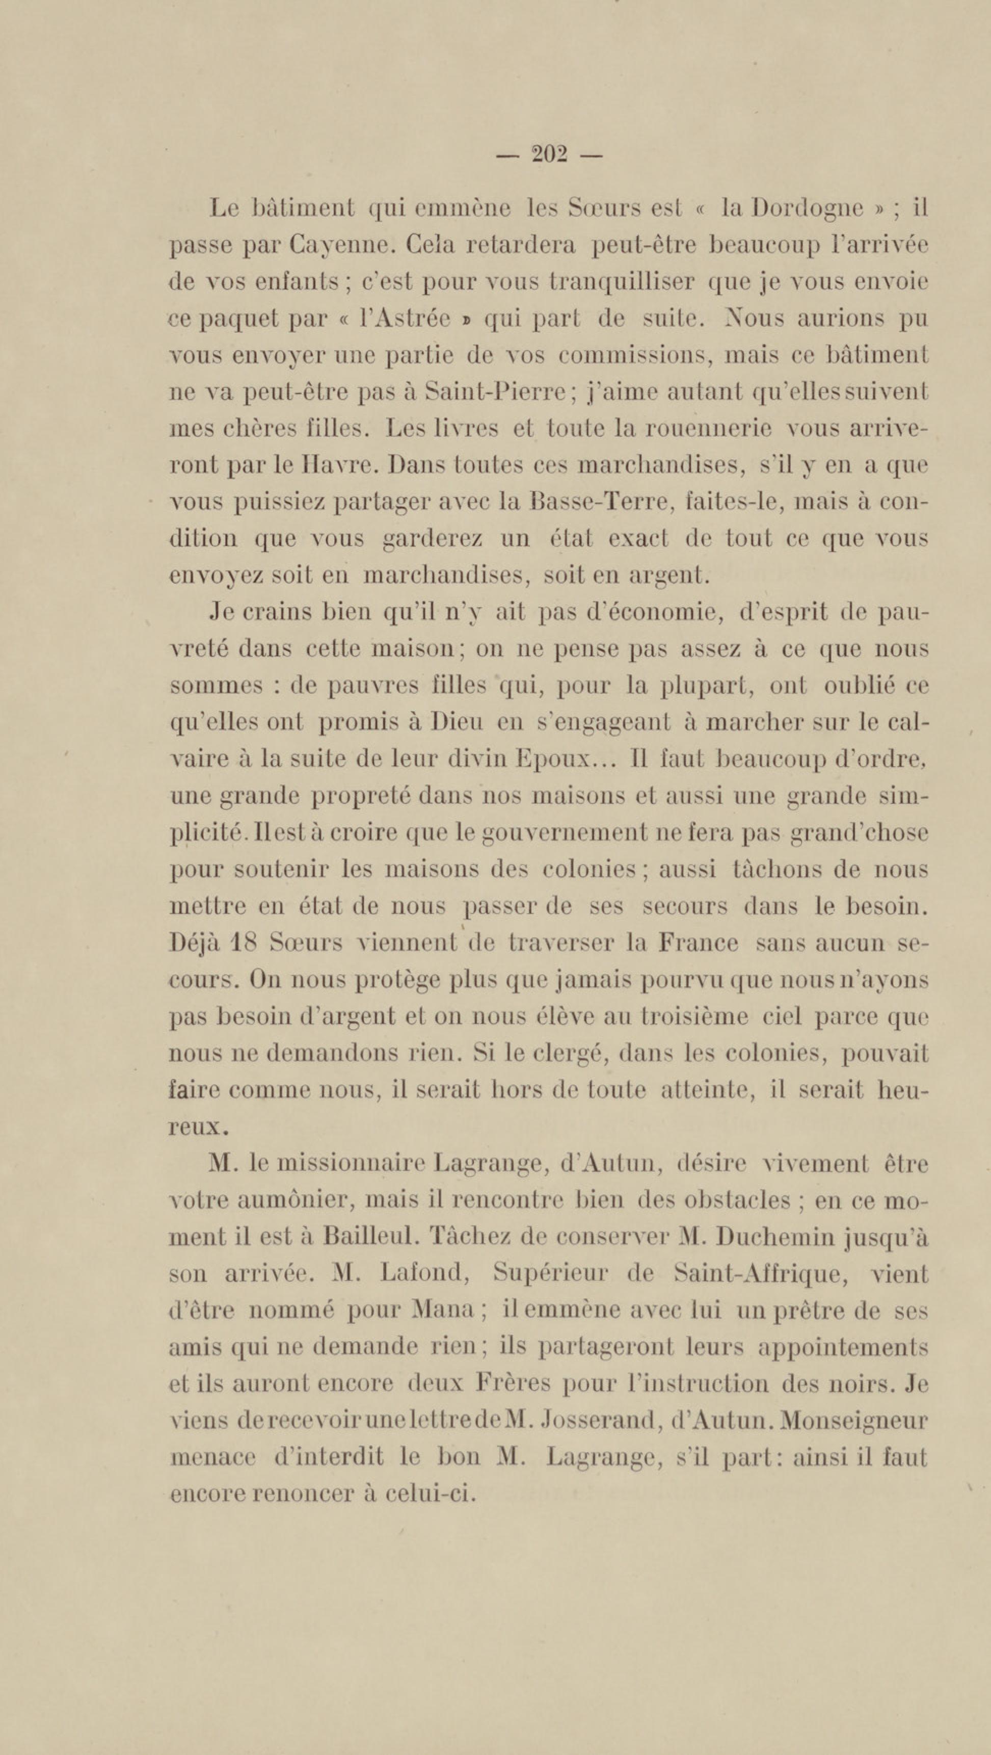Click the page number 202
tap(549, 155)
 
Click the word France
tap(698, 943)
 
